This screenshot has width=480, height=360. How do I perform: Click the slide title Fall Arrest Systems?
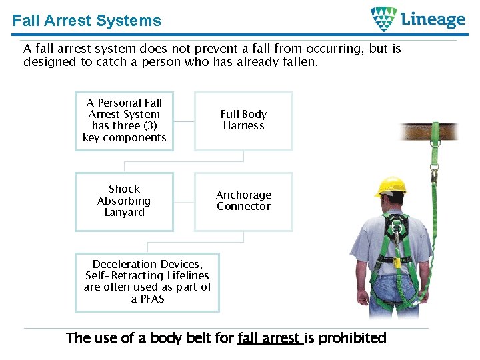point(87,21)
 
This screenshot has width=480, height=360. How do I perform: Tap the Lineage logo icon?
point(383,19)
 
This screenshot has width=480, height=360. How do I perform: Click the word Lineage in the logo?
point(433,19)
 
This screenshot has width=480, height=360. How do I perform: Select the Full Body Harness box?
point(243,121)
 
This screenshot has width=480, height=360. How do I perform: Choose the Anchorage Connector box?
point(243,201)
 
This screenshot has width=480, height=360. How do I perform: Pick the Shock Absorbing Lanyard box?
point(124,201)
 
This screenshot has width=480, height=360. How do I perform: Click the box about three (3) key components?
point(124,121)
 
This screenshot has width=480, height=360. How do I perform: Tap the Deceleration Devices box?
point(147,282)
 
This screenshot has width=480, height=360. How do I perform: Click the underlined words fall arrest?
point(269,338)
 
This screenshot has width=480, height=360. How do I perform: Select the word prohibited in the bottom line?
point(352,338)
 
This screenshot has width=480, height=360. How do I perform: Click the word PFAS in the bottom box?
point(147,299)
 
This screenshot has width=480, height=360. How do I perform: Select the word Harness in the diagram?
point(243,126)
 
